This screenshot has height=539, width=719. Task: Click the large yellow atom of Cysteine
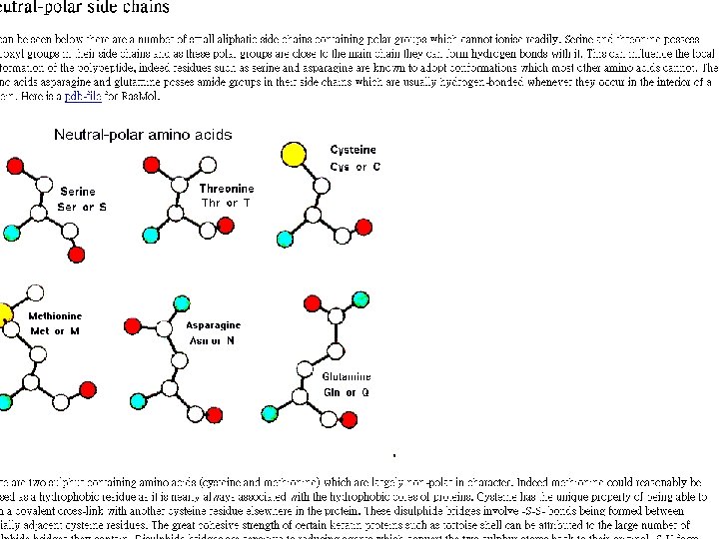pos(294,155)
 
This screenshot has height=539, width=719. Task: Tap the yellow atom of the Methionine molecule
pos(3,317)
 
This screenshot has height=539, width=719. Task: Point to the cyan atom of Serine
pos(11,234)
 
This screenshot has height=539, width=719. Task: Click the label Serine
pos(78,192)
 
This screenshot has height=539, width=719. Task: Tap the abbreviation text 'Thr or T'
pos(226,203)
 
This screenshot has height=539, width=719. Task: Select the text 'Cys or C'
pos(355,167)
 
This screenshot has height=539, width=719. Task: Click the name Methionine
pos(55,316)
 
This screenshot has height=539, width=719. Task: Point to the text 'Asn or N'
pos(212,340)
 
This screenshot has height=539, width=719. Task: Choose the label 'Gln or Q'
pos(346,392)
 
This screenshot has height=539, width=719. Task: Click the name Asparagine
pos(213,325)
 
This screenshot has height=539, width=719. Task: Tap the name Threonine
pos(227,189)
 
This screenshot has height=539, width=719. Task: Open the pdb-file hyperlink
pos(86,97)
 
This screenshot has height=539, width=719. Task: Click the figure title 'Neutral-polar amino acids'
pos(143,135)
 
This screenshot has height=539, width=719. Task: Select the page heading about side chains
pos(85,8)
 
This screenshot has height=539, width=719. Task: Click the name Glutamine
pos(346,377)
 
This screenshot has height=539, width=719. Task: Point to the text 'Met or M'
pos(55,330)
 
